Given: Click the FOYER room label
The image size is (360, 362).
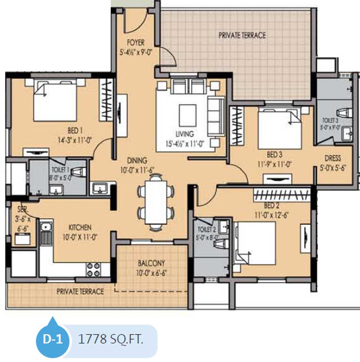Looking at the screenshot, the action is coord(135,42).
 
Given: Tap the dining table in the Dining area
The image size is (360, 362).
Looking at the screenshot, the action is coord(156,202).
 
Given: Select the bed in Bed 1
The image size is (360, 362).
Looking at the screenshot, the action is coord(55,100).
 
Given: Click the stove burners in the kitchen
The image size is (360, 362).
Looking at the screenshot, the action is coord(94,269).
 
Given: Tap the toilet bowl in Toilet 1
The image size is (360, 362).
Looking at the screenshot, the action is coord(78,171).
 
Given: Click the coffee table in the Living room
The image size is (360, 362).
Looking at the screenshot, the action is coord(188,115).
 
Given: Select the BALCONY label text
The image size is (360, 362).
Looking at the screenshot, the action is coord(151,263).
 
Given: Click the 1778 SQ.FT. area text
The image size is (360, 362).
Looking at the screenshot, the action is coord(111,339).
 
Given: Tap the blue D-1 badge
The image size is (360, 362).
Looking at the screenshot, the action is coord(53,339).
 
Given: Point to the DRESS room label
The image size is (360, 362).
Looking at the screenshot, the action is coord(333,158).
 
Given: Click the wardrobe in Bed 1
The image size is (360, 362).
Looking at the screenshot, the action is coord(106,100).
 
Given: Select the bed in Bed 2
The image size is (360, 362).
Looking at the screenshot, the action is coord(255,244).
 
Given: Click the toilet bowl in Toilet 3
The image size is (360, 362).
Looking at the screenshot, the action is coord(345,113).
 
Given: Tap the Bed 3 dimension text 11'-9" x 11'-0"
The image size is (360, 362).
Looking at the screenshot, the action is coord(274,164).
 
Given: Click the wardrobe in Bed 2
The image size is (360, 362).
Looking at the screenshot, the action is coord(282,195).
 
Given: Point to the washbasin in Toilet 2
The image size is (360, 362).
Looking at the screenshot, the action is coord(224,227).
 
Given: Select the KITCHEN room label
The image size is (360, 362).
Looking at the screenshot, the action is coord(80,228).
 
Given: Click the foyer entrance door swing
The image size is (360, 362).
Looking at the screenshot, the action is coord(135,22).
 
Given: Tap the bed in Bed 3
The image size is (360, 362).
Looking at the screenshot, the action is coord(280,128).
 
